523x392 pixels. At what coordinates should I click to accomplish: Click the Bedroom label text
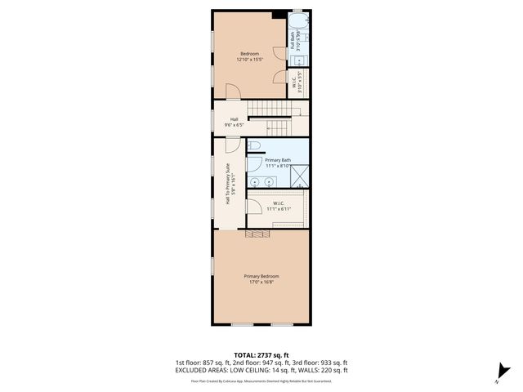tap(248, 54)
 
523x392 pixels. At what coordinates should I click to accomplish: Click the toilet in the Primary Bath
tap(255, 147)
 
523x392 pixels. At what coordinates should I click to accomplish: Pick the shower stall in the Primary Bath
tap(301, 176)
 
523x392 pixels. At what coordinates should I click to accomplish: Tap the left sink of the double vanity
tap(254, 181)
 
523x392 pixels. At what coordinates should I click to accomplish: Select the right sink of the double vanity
tap(268, 181)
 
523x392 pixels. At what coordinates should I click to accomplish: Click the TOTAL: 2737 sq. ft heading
tap(261, 355)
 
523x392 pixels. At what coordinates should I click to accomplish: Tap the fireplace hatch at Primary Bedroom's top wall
tap(260, 234)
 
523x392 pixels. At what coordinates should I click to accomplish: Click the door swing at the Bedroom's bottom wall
tap(232, 91)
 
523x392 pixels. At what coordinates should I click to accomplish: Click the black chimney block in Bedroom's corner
tap(279, 14)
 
